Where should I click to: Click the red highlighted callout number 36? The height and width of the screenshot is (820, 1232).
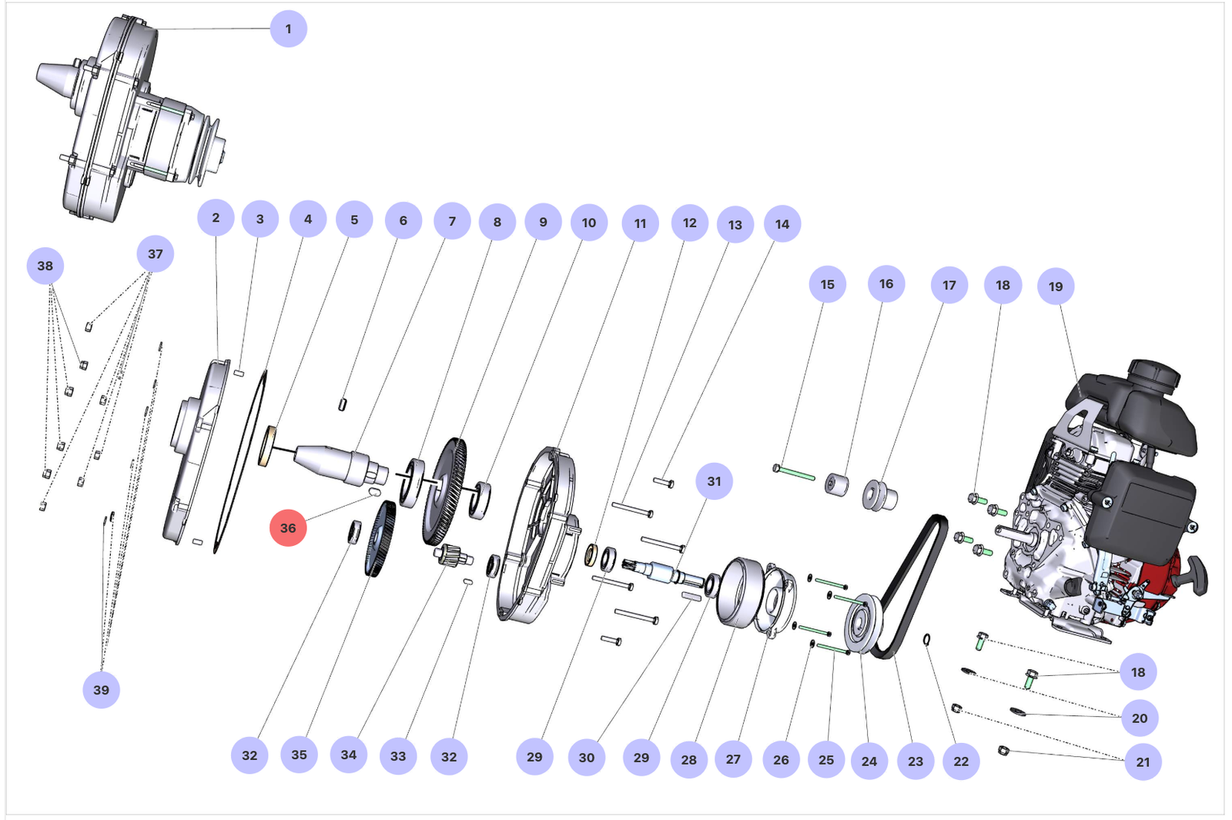(x=288, y=528)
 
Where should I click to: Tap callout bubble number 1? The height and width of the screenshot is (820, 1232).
(x=289, y=28)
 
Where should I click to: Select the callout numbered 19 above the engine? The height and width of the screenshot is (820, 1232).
(x=1056, y=286)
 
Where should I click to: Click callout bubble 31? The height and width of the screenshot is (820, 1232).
(x=714, y=481)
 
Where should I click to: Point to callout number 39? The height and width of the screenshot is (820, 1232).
(x=101, y=690)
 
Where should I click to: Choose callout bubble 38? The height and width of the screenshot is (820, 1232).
(x=45, y=266)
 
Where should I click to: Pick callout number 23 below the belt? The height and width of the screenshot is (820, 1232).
(x=916, y=761)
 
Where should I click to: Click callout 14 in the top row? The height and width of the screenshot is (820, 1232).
(x=782, y=224)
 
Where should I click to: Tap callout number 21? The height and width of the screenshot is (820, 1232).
(x=1143, y=761)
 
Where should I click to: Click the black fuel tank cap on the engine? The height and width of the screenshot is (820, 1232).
(x=1154, y=374)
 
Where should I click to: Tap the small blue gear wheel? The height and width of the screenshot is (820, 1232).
(x=380, y=539)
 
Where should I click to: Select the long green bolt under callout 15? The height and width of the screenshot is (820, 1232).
(x=794, y=473)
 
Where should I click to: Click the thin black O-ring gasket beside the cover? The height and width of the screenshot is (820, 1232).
(x=240, y=461)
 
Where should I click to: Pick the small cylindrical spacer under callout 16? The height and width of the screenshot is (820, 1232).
(x=836, y=484)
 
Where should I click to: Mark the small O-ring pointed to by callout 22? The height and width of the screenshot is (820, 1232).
(x=927, y=640)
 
